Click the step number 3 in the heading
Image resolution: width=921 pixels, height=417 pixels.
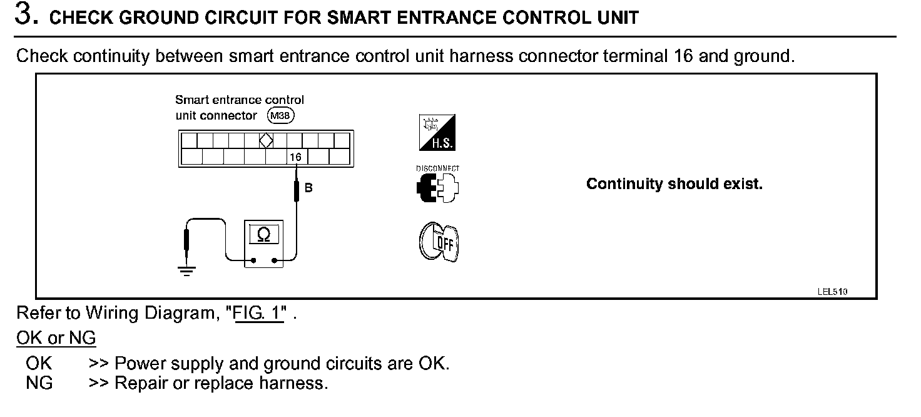coord(24,15)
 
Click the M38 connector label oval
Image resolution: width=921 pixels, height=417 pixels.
coord(280,115)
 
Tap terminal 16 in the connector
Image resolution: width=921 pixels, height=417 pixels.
coord(296,157)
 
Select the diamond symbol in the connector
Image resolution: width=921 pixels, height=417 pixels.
coord(266,140)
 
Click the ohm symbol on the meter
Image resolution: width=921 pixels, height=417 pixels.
coord(264,235)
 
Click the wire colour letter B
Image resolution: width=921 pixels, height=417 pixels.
coord(308,187)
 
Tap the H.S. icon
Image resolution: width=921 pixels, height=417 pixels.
coord(437,133)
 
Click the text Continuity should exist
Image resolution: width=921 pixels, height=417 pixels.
coord(674,184)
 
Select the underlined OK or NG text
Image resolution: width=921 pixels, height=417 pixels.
coord(56,339)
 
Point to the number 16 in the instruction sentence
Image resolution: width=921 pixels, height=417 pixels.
coord(683,56)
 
